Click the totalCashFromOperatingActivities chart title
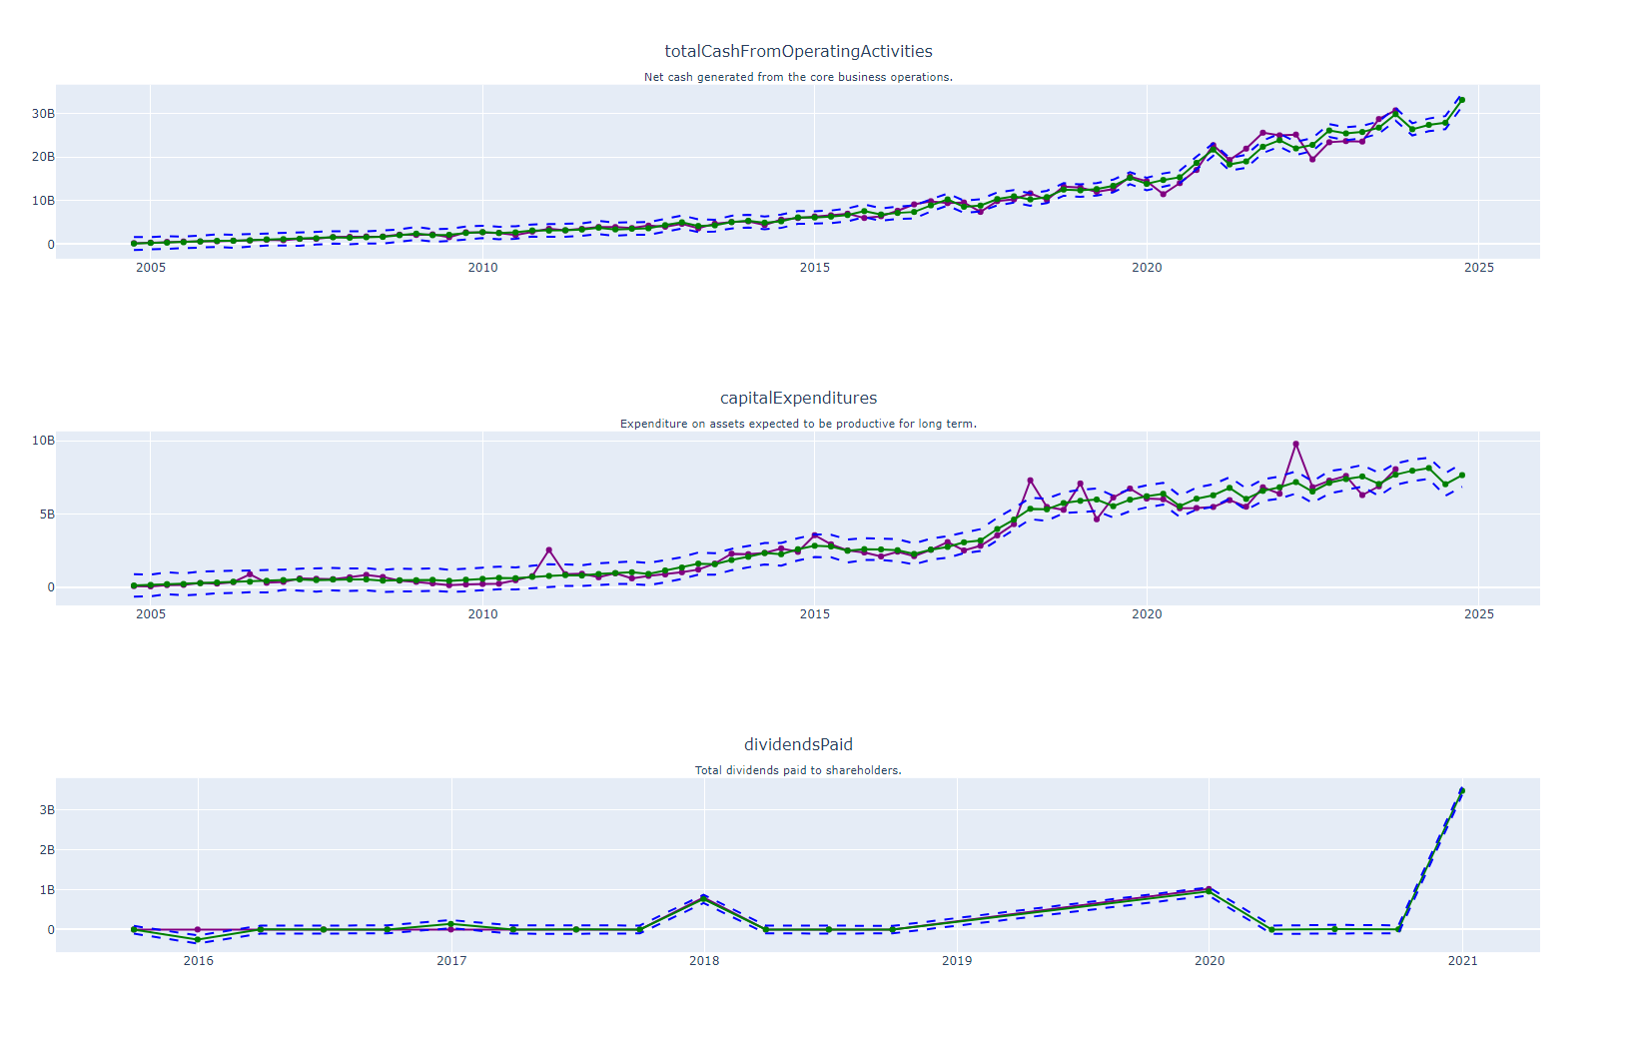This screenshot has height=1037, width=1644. point(798,52)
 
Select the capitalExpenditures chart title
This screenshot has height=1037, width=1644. point(798,399)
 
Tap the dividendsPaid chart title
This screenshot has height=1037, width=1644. point(798,745)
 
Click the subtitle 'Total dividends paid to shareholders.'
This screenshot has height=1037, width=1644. point(798,770)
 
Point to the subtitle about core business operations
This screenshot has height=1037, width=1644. point(798,77)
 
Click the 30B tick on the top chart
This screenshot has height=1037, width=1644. point(43,114)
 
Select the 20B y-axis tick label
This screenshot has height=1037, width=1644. point(43,157)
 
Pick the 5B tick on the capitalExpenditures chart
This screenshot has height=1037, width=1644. point(43,515)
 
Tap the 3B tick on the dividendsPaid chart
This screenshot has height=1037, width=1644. point(47,810)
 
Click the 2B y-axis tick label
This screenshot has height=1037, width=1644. point(47,850)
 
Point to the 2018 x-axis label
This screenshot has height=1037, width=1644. point(704,961)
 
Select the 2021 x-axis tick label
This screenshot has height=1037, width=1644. point(1462,961)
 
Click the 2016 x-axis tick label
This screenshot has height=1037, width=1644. point(198,961)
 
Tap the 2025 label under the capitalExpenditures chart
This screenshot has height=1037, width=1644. point(1478,614)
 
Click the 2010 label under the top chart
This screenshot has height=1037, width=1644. point(482,268)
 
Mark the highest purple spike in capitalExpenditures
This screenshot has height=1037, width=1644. point(1295,444)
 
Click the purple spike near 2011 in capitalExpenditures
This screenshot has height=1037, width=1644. point(548,550)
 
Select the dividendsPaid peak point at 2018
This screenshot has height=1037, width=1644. point(704,897)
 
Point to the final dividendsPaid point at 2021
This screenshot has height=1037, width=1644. point(1462,790)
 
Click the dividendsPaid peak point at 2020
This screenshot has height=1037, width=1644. point(1209,889)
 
